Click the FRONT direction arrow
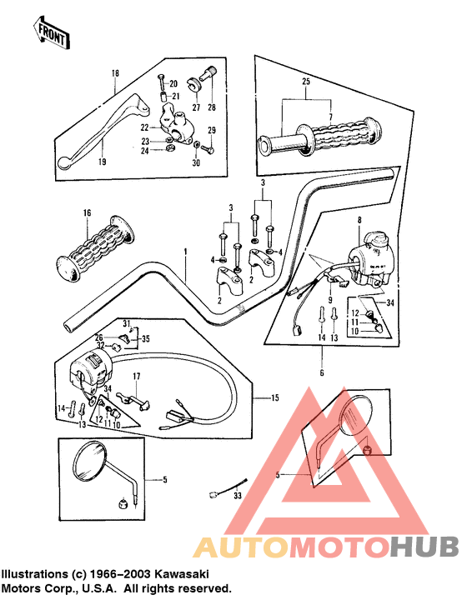click(x=52, y=32)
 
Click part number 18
click(x=115, y=72)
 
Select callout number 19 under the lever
click(x=102, y=162)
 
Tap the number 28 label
click(x=212, y=107)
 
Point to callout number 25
click(x=306, y=81)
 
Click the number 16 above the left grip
click(x=88, y=212)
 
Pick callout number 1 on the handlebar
click(x=186, y=252)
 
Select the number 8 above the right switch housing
click(x=359, y=220)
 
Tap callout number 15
click(x=275, y=398)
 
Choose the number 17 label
click(x=137, y=377)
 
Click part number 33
click(x=238, y=496)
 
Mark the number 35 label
click(x=145, y=338)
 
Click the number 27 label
click(x=196, y=107)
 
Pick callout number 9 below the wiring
click(x=330, y=300)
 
